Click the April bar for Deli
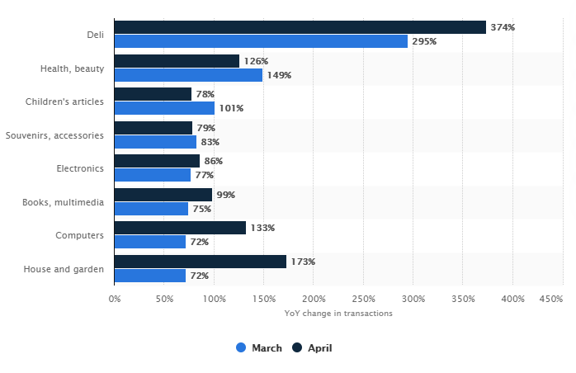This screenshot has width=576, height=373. [x=300, y=27]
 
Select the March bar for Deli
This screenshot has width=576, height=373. [x=261, y=41]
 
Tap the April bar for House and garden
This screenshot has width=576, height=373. [x=200, y=262]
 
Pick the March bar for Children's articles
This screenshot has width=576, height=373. [x=164, y=108]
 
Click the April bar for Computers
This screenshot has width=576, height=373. [x=180, y=228]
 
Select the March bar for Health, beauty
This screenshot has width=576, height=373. [x=188, y=75]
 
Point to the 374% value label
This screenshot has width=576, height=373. [x=503, y=27]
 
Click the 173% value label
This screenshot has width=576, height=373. [x=303, y=262]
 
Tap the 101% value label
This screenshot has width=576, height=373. [x=231, y=108]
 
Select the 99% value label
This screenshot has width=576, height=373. [x=225, y=195]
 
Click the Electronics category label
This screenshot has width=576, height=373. [x=81, y=168]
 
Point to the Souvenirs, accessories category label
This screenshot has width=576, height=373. [x=54, y=135]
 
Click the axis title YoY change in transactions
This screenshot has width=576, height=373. [x=338, y=314]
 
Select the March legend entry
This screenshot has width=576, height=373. [x=259, y=348]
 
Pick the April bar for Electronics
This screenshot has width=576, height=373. [x=157, y=161]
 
